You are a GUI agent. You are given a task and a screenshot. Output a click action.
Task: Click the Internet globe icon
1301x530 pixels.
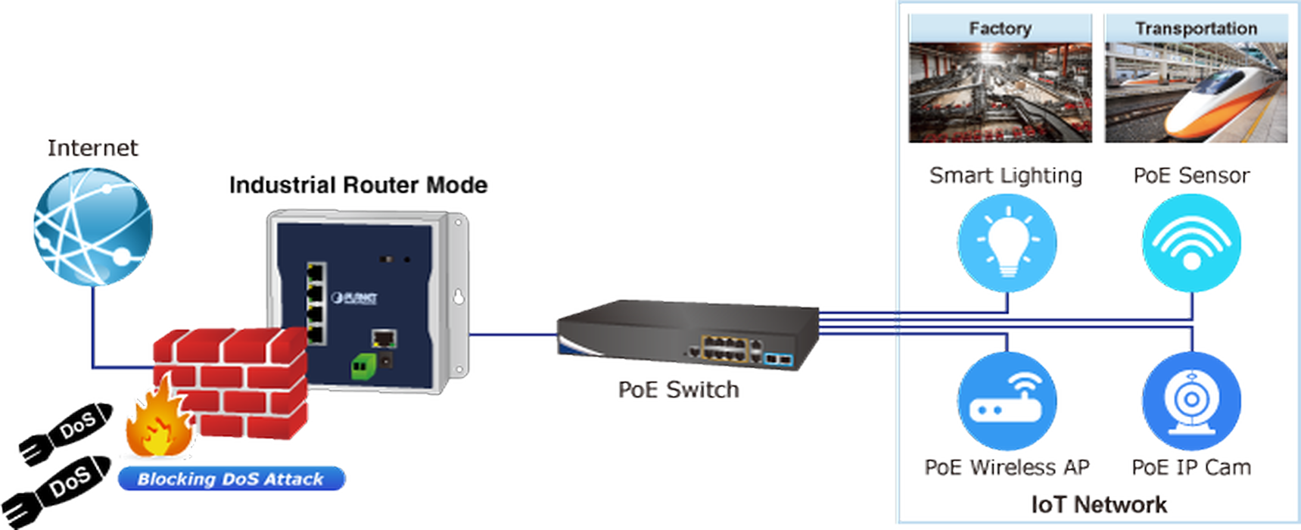point(93,227)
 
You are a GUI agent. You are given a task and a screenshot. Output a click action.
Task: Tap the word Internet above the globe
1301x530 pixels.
point(93,148)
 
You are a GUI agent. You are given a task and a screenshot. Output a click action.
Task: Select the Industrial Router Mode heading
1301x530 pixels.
point(358,185)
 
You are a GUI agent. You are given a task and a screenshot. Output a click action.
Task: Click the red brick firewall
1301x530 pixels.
point(231,382)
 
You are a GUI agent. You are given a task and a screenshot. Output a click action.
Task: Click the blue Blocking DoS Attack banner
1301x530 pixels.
point(232,479)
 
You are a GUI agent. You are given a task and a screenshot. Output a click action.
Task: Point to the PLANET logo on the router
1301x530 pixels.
point(353,298)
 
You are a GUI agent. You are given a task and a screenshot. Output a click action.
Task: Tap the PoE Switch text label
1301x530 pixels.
point(679,389)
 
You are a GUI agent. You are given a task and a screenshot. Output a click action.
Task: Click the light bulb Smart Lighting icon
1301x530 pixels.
point(1007,243)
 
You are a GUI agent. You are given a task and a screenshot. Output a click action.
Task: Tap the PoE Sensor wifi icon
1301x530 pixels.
point(1191,243)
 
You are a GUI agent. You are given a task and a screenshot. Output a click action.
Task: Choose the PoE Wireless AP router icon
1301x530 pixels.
point(1007,401)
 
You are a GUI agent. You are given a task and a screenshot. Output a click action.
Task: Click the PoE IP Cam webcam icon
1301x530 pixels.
point(1191,401)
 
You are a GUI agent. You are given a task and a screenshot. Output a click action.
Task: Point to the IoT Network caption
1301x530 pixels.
point(1099,504)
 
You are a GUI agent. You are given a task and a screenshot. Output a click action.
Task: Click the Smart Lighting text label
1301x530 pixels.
point(1006,176)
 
